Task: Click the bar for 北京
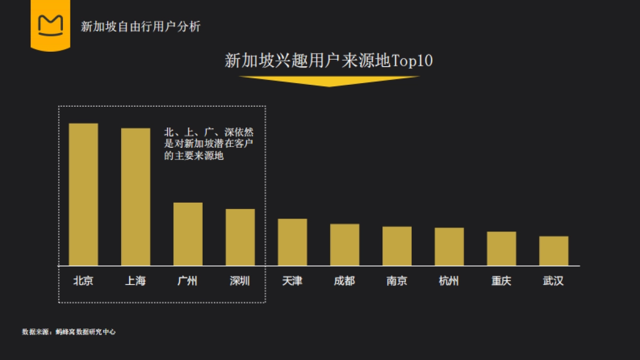point(83,194)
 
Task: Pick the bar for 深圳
point(240,237)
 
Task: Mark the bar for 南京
point(397,246)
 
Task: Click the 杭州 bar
point(449,246)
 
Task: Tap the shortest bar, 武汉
point(554,251)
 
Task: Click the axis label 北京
point(83,281)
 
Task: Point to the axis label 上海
point(135,281)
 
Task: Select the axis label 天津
point(292,281)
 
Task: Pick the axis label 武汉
point(554,281)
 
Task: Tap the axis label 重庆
point(501,281)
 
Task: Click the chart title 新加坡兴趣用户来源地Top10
point(329,61)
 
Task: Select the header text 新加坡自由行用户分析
point(141,26)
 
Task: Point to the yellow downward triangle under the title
point(329,81)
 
